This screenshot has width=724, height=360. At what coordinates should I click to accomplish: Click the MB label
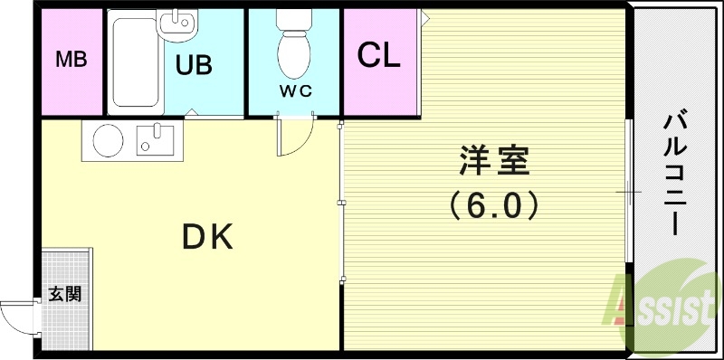(x=71, y=61)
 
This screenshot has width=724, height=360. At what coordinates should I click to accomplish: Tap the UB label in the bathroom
(x=194, y=65)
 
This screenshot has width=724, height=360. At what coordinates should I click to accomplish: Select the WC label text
(x=294, y=90)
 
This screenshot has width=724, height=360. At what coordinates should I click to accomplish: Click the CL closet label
(x=378, y=56)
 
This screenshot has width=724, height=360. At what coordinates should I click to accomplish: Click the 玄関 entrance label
(x=63, y=293)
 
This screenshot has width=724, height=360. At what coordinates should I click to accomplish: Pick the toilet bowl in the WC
(x=293, y=50)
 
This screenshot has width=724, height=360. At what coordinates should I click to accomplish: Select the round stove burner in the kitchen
(x=109, y=140)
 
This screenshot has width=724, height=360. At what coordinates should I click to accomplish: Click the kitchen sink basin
(x=154, y=141)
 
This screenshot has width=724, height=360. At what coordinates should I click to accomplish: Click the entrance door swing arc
(x=15, y=317)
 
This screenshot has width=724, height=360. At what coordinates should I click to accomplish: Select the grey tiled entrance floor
(x=65, y=271)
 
